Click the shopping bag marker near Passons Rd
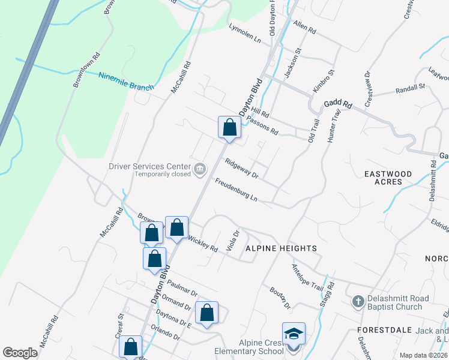(x=229, y=127)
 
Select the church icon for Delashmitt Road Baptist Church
(x=358, y=301)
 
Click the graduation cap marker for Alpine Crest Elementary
(x=294, y=334)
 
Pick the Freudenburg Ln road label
(x=236, y=190)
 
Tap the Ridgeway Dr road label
(x=241, y=168)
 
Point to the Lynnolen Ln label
(x=246, y=34)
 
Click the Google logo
(x=20, y=353)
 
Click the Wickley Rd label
(x=203, y=244)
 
